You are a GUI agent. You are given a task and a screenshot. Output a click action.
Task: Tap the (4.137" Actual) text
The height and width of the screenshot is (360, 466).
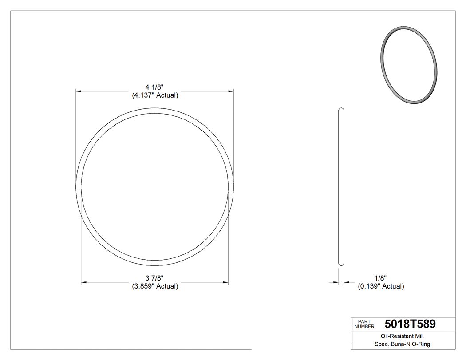click(155, 95)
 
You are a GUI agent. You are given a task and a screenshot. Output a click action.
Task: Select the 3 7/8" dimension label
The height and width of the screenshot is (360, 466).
click(155, 278)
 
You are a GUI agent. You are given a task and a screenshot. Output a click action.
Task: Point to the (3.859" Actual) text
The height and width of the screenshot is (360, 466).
click(155, 286)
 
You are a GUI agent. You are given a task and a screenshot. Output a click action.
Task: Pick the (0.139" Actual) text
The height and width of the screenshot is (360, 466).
click(381, 286)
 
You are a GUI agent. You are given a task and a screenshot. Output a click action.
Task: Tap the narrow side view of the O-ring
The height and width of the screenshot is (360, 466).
click(341, 186)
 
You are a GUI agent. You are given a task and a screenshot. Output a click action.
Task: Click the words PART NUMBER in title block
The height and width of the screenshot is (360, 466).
click(364, 324)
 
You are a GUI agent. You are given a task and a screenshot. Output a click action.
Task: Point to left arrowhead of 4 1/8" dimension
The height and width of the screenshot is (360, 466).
click(79, 91)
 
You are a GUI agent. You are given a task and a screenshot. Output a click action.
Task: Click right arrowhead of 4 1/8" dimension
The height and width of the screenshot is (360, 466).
click(231, 91)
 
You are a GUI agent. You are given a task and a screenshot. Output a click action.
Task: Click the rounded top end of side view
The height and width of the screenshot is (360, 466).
click(341, 109)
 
